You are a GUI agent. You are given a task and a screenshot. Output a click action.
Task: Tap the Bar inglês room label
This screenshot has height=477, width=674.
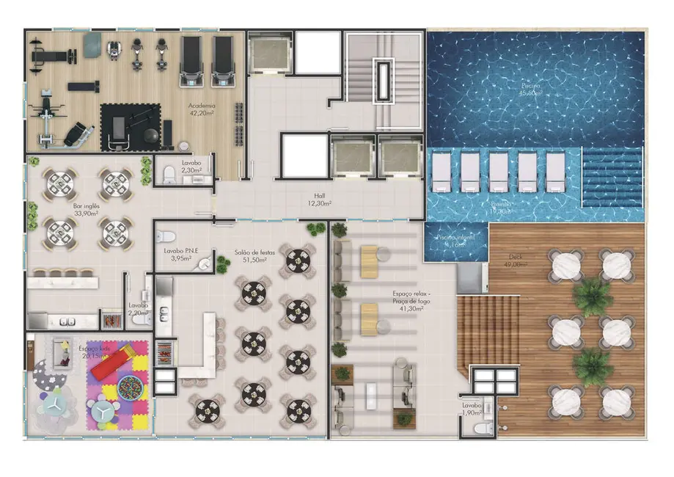(87, 211)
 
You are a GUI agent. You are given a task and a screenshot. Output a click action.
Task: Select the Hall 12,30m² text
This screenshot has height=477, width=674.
(320, 200)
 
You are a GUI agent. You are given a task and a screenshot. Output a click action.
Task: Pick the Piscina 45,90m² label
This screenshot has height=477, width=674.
(530, 90)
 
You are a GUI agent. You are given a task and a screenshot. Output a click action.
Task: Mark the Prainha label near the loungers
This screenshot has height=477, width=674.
(502, 208)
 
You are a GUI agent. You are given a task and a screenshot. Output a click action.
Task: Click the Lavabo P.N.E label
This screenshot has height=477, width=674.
(181, 254)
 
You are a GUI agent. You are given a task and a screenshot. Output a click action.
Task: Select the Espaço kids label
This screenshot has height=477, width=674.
(95, 352)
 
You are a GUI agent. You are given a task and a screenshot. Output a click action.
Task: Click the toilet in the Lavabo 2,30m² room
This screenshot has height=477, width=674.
(169, 174)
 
